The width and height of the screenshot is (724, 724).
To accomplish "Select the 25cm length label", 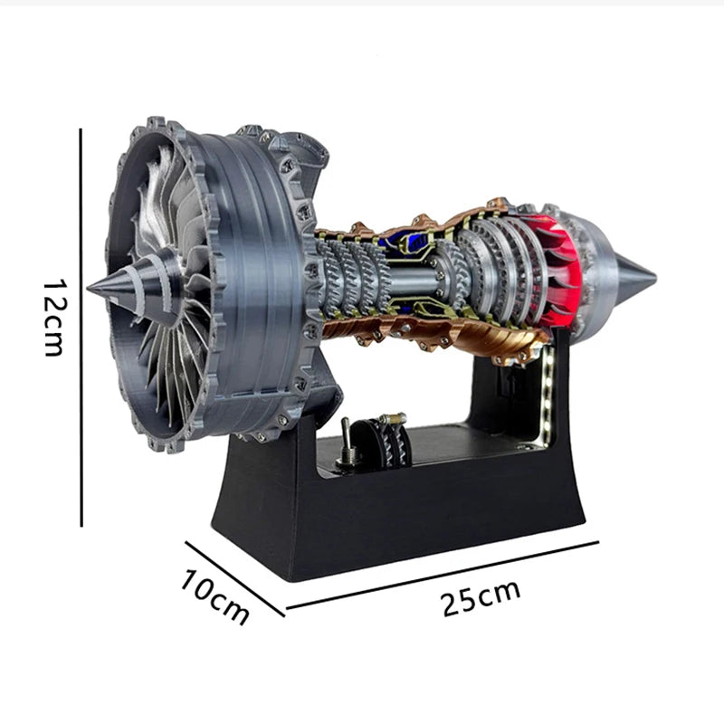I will (x=481, y=598).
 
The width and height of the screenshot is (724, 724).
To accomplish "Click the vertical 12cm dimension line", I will (x=81, y=326).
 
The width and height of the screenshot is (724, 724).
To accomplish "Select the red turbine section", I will (x=557, y=262).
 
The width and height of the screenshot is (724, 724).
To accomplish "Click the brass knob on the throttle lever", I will (x=393, y=418).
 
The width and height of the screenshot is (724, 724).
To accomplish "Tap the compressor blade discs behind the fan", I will (x=348, y=276).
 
